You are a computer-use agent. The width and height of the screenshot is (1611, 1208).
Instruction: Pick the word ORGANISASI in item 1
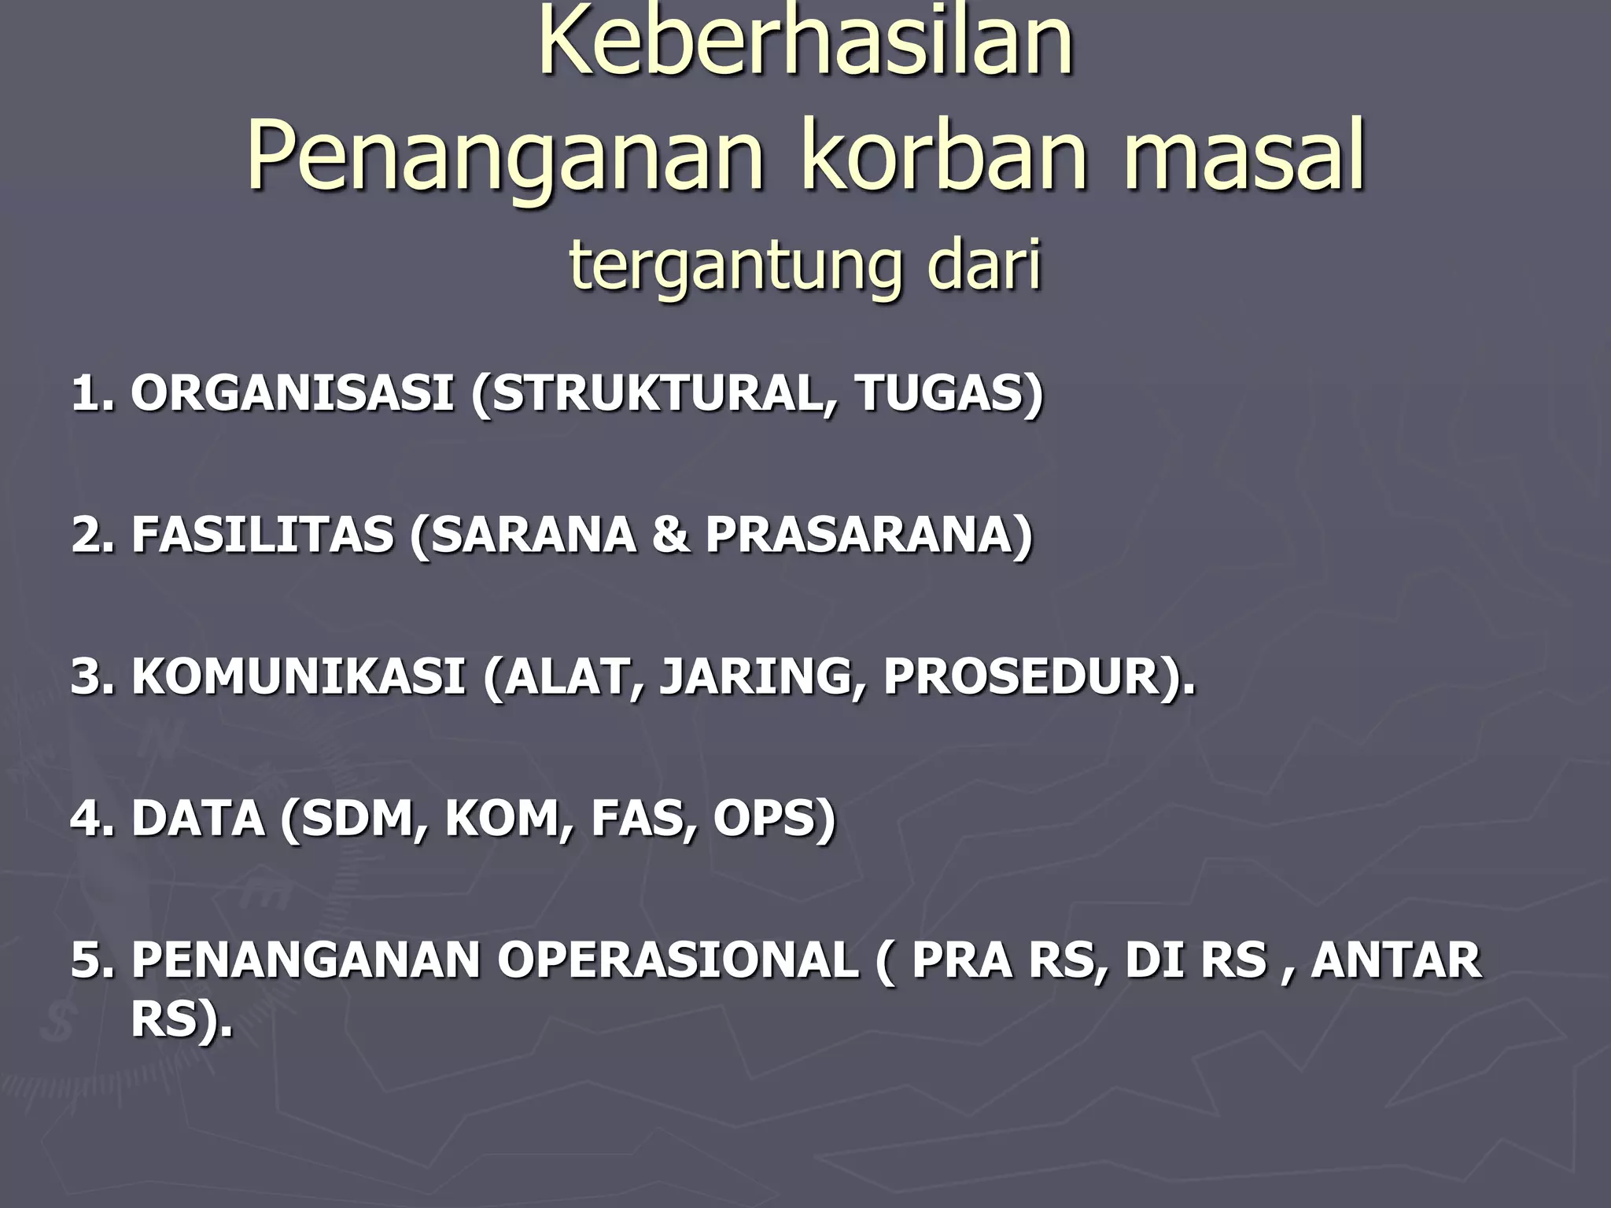tap(292, 392)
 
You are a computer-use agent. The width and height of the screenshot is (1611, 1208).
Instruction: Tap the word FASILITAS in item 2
tap(263, 535)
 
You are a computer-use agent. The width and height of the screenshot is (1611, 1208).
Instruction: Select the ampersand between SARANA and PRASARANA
tap(671, 535)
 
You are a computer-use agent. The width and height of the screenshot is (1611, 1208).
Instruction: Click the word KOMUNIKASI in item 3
tap(298, 676)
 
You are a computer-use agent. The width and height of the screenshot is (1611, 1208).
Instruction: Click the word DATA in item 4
tap(197, 818)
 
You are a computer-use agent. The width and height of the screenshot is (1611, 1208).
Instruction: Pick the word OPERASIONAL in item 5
tap(677, 960)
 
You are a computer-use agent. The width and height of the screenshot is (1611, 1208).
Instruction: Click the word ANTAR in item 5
tap(1396, 960)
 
